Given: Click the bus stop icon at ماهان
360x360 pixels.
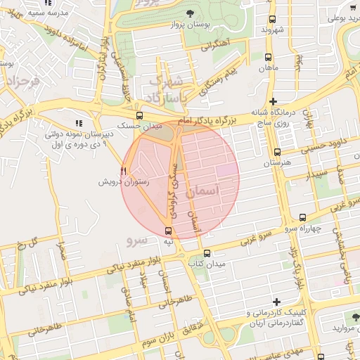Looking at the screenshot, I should (268, 57).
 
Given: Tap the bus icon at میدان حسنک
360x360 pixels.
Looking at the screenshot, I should (139, 115).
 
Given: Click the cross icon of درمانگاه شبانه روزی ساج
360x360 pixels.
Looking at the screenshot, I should (273, 102).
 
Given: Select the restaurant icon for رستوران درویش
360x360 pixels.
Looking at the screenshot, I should (124, 170).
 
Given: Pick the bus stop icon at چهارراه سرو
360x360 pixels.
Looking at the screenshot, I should (302, 217).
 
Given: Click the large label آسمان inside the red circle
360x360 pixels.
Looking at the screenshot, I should (205, 191).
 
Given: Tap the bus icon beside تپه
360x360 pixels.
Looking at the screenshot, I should (168, 231).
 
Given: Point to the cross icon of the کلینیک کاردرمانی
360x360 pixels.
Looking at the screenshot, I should (276, 301).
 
